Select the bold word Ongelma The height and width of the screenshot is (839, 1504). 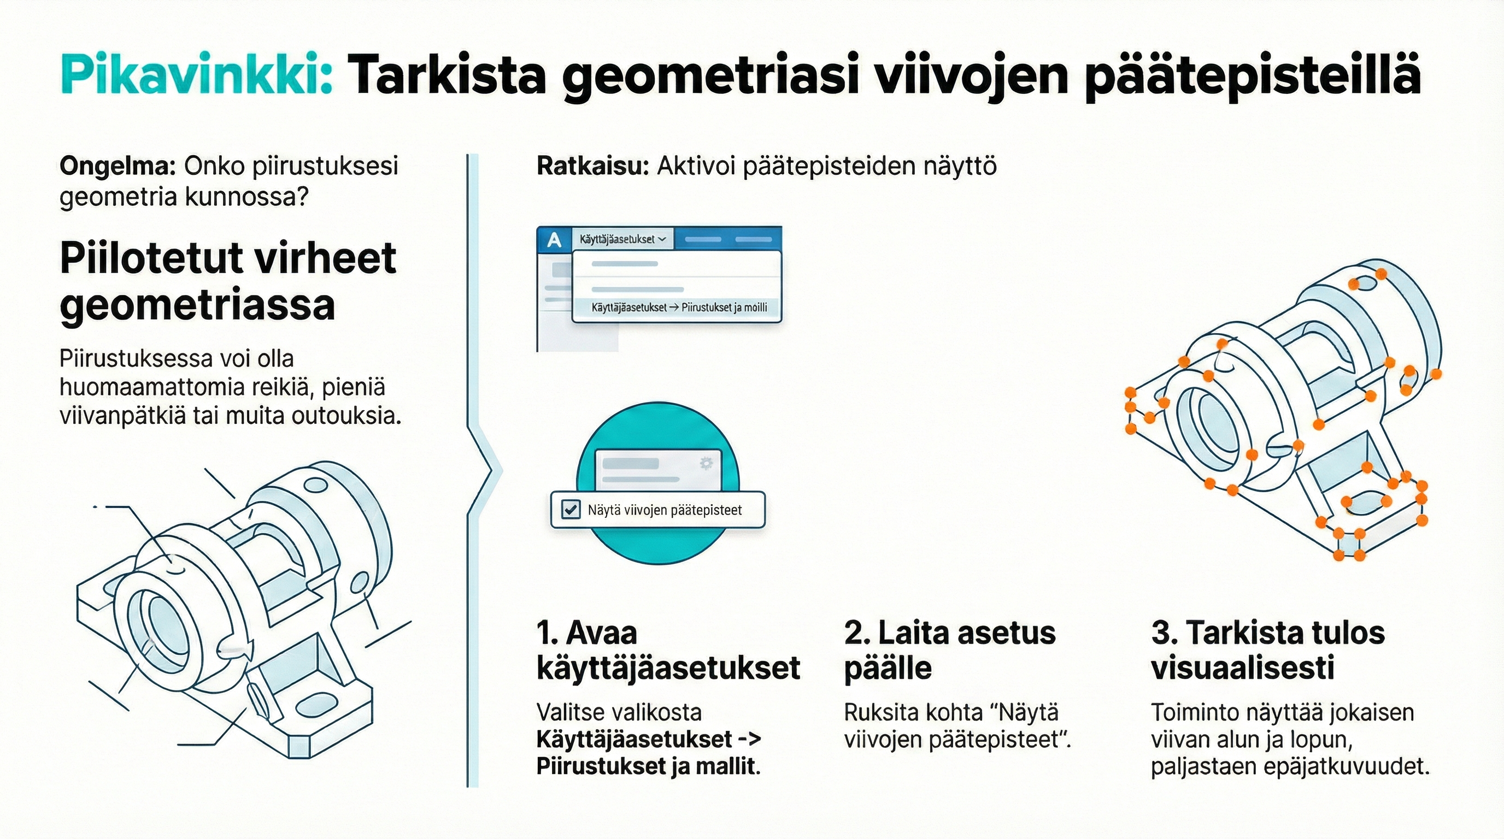[117, 166]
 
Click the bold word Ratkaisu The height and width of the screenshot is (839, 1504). [592, 166]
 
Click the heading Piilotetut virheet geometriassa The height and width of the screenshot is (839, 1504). [228, 281]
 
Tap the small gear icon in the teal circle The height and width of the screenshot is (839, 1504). [706, 463]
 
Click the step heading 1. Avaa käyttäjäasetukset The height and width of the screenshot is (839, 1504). [667, 650]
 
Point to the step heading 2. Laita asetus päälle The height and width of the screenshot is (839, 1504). [949, 650]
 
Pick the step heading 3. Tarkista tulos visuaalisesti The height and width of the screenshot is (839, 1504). [1267, 650]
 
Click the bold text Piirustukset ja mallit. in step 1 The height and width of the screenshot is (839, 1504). [648, 766]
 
